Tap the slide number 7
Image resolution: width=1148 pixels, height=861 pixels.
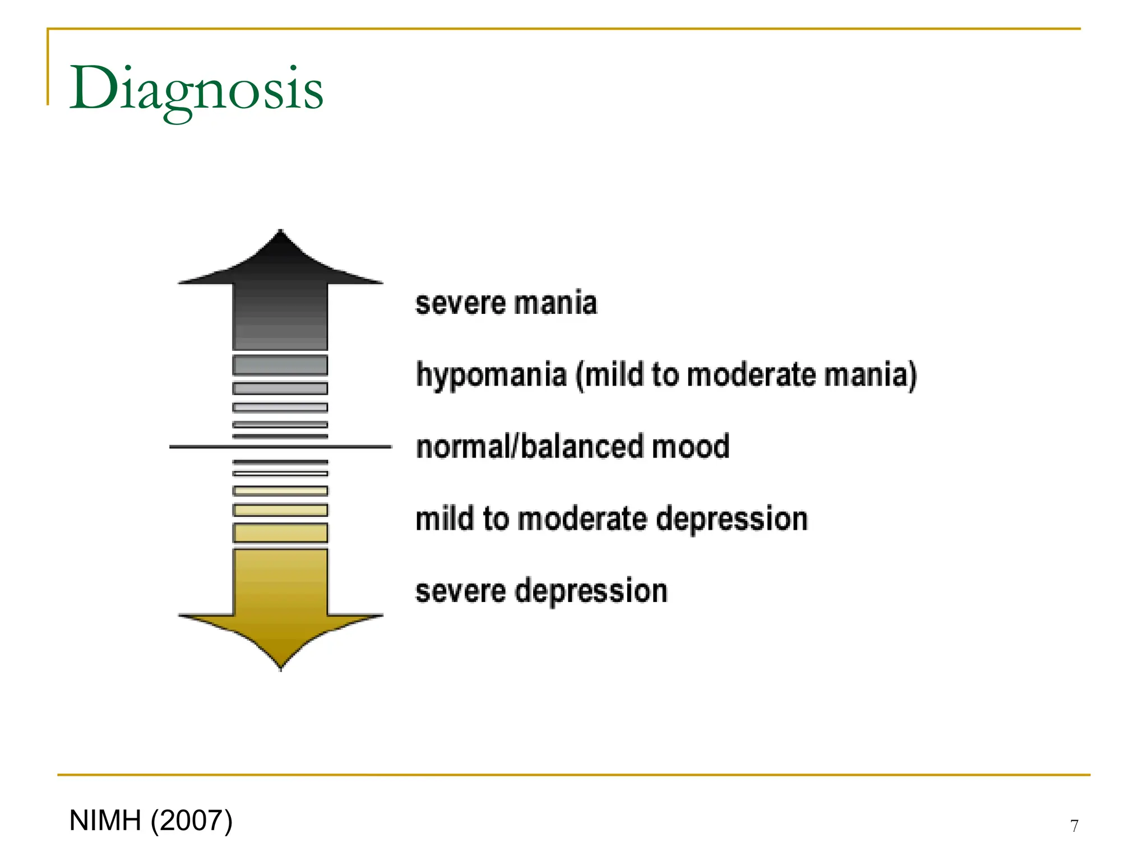tap(1074, 826)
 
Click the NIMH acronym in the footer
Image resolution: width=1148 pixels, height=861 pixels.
tap(105, 821)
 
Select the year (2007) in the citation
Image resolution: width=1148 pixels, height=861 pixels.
tap(191, 821)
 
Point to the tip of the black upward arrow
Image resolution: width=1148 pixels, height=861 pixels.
tap(280, 232)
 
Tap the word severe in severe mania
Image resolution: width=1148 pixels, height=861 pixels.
tap(460, 303)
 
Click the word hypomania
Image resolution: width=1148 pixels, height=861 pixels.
tap(491, 375)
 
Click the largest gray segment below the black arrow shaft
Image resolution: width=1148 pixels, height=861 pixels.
tap(280, 365)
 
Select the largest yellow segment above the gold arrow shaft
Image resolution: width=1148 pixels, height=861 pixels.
tap(280, 533)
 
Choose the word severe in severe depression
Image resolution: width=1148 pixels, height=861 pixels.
tap(460, 591)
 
